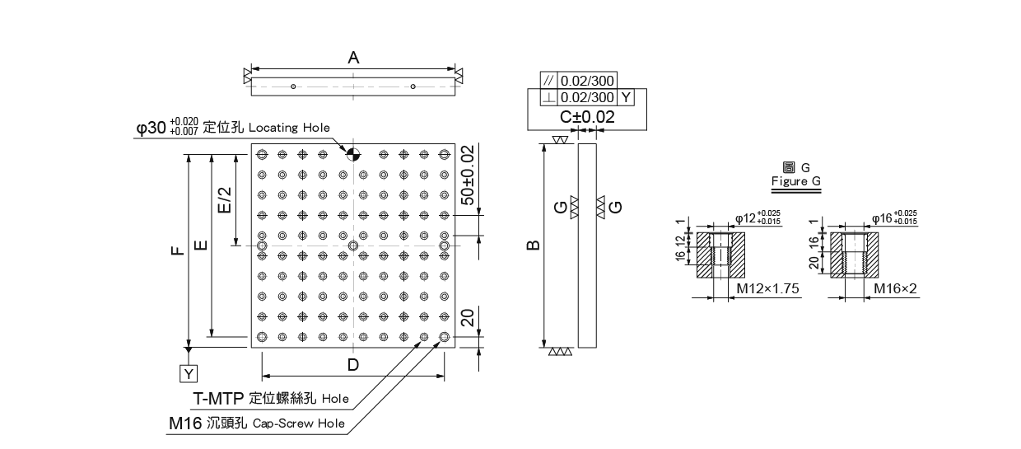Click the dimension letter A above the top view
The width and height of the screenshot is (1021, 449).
coord(353,58)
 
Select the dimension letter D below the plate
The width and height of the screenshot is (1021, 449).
coord(353,365)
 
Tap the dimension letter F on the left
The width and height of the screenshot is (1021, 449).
coord(178,250)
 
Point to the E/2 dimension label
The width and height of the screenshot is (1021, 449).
coord(225,200)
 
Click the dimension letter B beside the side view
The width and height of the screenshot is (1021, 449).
coord(533,246)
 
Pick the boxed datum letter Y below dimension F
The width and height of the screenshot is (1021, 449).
coord(189,374)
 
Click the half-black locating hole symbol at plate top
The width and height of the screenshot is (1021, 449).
coord(352,155)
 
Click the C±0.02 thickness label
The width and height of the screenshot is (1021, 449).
coord(587,117)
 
